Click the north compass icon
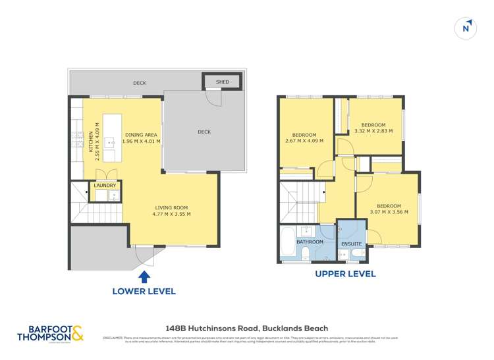466,28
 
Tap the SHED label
222,82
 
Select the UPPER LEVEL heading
345,274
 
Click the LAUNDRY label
105,186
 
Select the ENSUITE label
350,244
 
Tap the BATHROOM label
310,242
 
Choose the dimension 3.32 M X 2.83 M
373,131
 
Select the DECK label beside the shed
139,83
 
